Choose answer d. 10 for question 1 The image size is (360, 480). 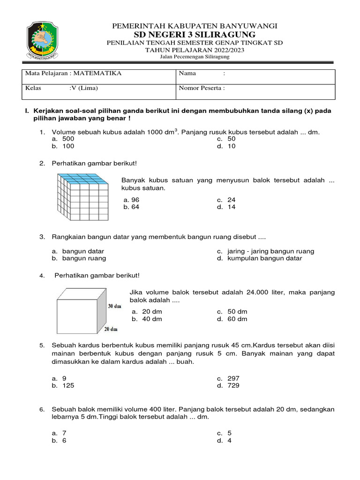[227, 146]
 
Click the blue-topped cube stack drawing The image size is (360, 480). [82, 197]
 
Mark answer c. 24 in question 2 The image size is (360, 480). [227, 200]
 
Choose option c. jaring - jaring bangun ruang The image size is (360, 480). [266, 251]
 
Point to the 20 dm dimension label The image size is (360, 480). [111, 329]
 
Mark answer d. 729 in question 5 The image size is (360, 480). [229, 385]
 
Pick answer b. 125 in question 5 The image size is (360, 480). [64, 385]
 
